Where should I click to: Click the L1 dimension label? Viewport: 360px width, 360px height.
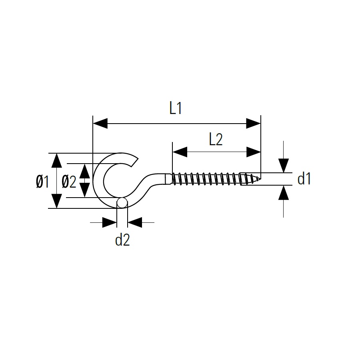pyautogui.click(x=176, y=108)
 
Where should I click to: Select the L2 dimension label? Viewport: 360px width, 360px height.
pyautogui.click(x=216, y=140)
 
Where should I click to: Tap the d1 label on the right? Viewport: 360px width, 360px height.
pyautogui.click(x=304, y=179)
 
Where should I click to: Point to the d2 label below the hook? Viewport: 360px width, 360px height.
pyautogui.click(x=122, y=240)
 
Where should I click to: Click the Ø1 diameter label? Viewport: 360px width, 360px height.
pyautogui.click(x=43, y=181)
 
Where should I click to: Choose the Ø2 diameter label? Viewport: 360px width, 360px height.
pyautogui.click(x=69, y=182)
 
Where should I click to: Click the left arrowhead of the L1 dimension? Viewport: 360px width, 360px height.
pyautogui.click(x=100, y=124)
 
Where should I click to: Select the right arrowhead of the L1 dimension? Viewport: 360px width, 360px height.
pyautogui.click(x=254, y=124)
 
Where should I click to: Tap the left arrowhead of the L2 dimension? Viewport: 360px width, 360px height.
pyautogui.click(x=180, y=152)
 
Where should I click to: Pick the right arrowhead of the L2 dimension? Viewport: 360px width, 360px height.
pyautogui.click(x=254, y=152)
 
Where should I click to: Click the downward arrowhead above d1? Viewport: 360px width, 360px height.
pyautogui.click(x=284, y=166)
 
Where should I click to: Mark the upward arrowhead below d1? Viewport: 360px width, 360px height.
pyautogui.click(x=284, y=193)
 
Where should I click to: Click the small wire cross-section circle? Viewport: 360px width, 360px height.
pyautogui.click(x=122, y=203)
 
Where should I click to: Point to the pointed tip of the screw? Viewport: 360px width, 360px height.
pyautogui.click(x=260, y=178)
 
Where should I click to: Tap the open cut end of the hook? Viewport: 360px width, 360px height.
pyautogui.click(x=134, y=162)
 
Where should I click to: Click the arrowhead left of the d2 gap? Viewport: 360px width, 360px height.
pyautogui.click(x=110, y=222)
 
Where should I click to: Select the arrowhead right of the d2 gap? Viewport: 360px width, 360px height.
pyautogui.click(x=135, y=222)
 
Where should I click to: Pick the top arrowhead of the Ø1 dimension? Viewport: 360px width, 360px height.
pyautogui.click(x=56, y=160)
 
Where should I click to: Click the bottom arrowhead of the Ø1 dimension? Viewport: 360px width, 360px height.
pyautogui.click(x=56, y=201)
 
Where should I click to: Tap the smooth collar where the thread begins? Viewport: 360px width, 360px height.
pyautogui.click(x=168, y=179)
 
